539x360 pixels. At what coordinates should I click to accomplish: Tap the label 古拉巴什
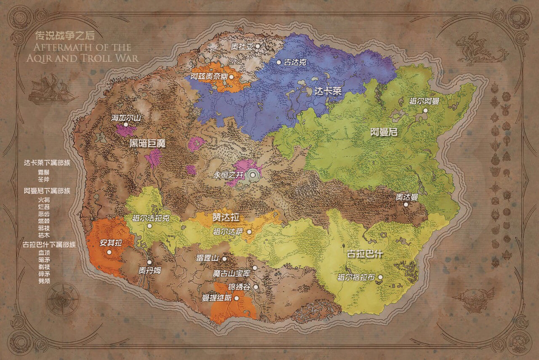[364, 255]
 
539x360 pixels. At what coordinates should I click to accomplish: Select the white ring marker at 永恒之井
[253, 174]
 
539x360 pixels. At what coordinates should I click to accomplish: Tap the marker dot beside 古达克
[278, 62]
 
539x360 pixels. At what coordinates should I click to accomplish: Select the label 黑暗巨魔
[147, 143]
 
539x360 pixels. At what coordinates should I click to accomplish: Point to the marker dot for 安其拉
[109, 252]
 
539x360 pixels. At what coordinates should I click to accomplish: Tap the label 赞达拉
[226, 218]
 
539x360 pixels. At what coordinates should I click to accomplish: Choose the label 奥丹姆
[149, 270]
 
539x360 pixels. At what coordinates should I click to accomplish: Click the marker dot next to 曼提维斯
[236, 298]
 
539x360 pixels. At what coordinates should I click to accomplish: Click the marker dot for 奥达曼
[406, 205]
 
